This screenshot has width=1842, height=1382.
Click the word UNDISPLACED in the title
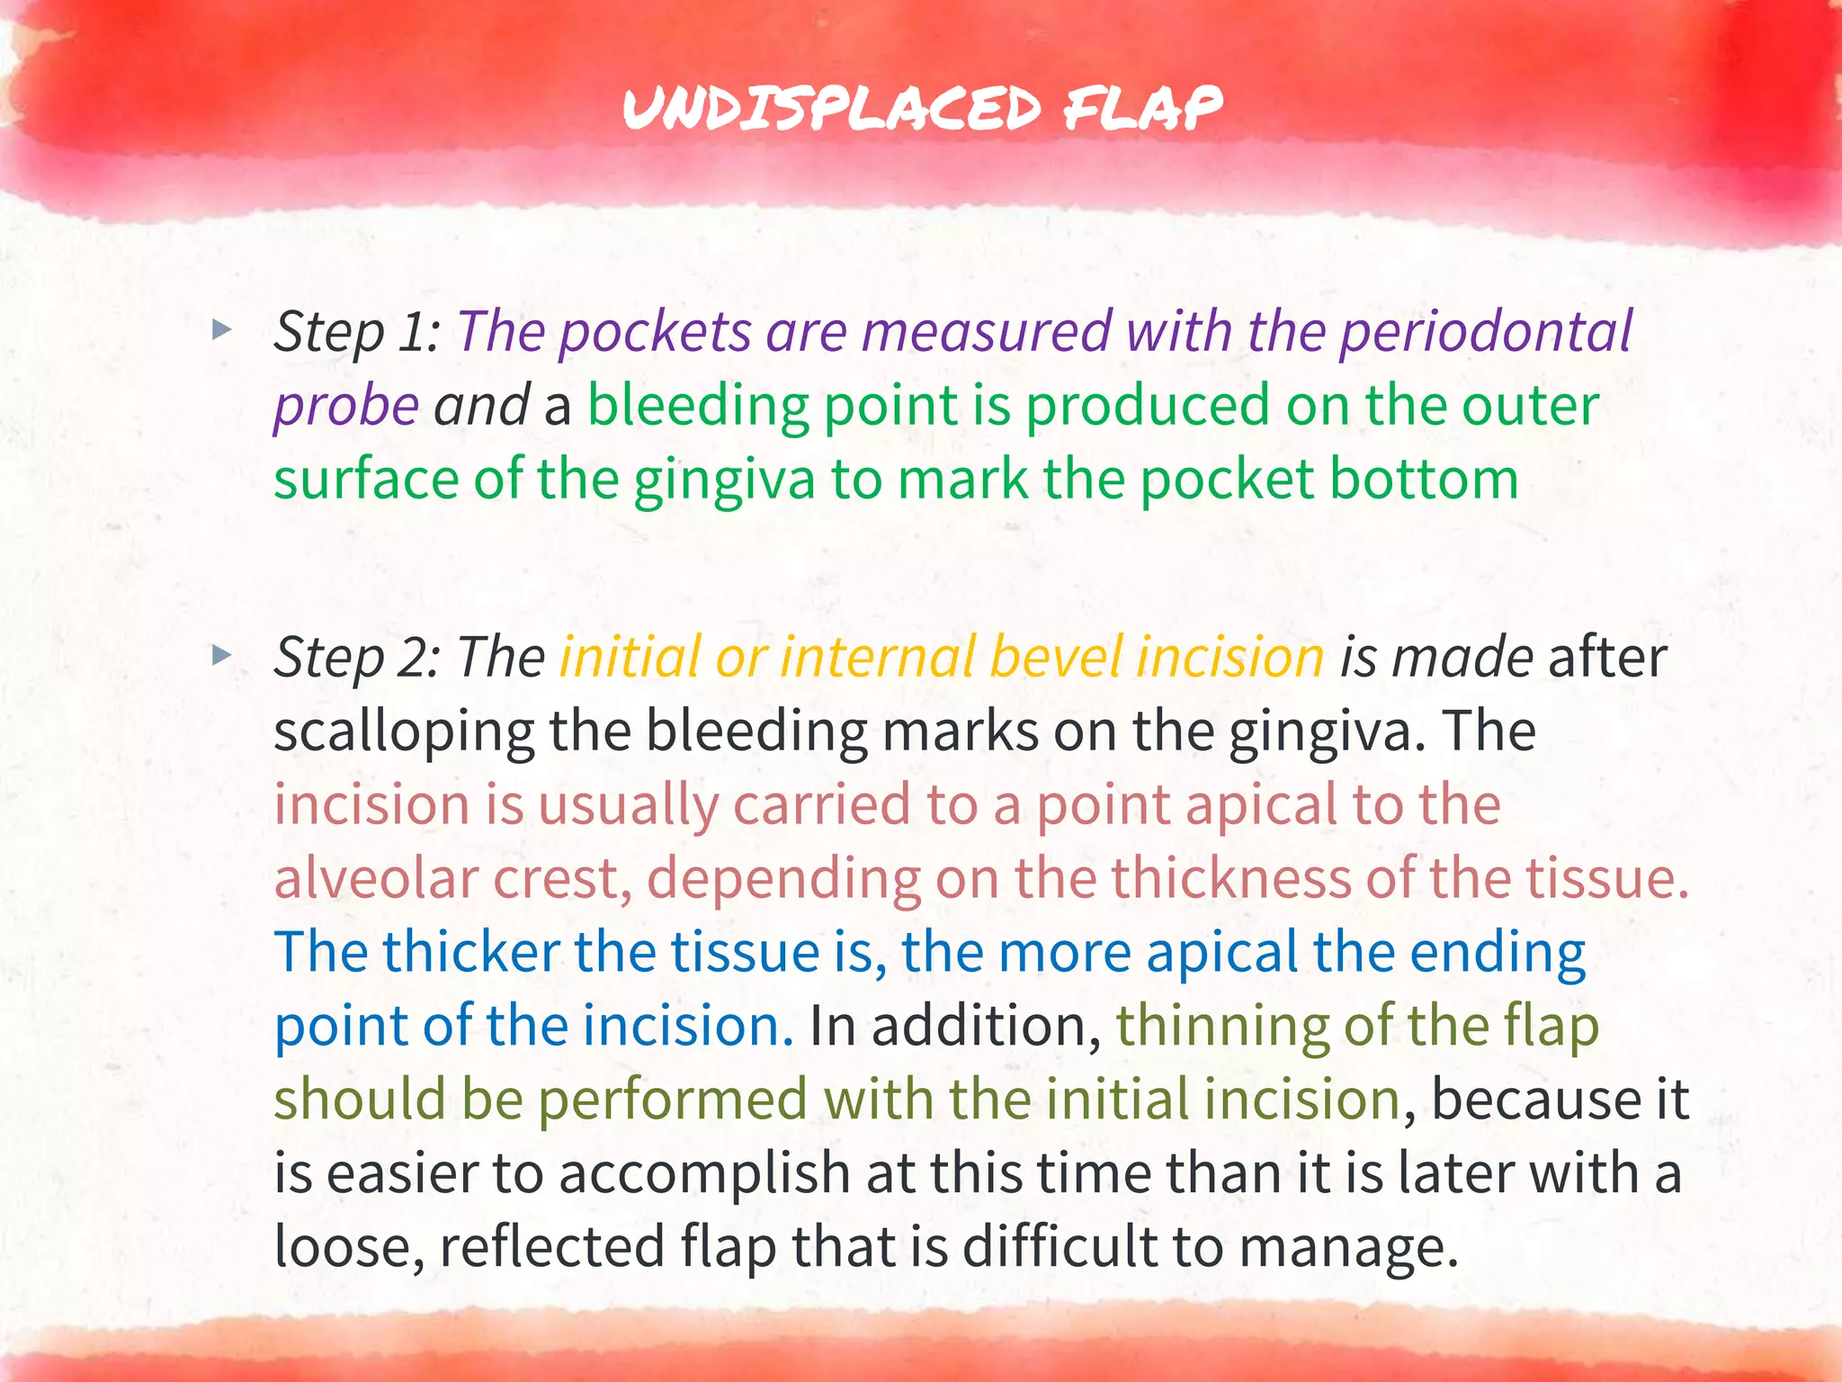[x=832, y=110]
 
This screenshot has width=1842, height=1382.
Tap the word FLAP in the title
[x=1142, y=110]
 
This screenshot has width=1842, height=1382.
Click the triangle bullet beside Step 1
[x=221, y=330]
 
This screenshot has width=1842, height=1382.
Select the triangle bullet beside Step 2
[x=221, y=655]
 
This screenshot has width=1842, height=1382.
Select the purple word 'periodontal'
[x=1485, y=331]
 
